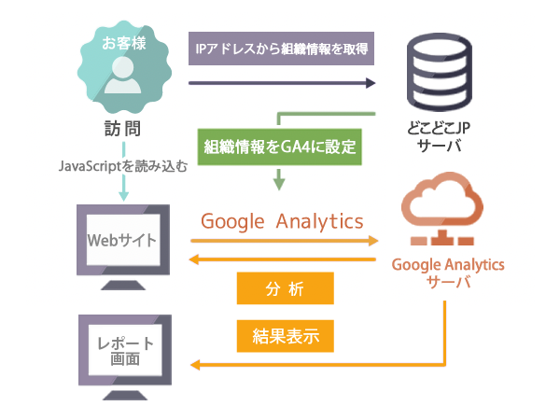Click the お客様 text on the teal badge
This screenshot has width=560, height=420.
(x=123, y=43)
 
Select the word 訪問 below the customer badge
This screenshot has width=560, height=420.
(x=122, y=129)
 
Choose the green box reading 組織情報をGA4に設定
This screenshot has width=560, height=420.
(x=281, y=147)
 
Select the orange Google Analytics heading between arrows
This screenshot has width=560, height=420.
(x=282, y=221)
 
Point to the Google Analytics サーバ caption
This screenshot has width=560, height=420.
(x=448, y=273)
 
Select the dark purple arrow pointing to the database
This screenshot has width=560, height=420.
(x=280, y=83)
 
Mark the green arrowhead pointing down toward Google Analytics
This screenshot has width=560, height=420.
(x=279, y=183)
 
